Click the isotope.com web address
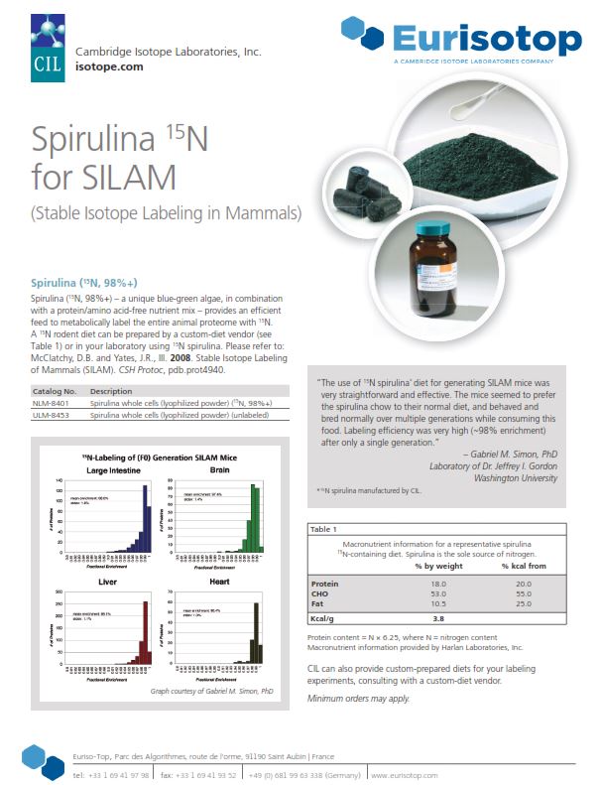(x=109, y=66)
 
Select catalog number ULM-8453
(x=52, y=417)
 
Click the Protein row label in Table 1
(x=324, y=584)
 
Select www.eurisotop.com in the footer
(x=401, y=774)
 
